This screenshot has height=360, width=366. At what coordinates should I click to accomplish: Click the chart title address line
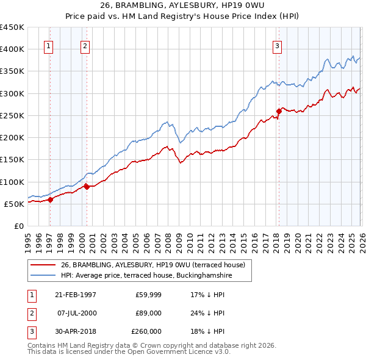(x=182, y=6)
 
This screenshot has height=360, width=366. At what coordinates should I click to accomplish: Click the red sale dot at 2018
(x=279, y=111)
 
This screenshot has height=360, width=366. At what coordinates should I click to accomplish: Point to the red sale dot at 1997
(x=51, y=200)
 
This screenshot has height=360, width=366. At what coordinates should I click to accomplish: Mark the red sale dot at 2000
(x=87, y=187)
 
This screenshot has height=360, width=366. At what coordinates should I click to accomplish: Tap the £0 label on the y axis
(x=18, y=226)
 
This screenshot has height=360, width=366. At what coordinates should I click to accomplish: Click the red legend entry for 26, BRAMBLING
(x=152, y=265)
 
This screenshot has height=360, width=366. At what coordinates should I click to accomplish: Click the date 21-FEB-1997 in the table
(x=74, y=295)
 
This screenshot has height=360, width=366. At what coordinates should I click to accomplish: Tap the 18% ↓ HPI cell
(x=207, y=331)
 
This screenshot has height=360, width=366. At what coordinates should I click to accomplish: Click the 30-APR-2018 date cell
(x=74, y=331)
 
